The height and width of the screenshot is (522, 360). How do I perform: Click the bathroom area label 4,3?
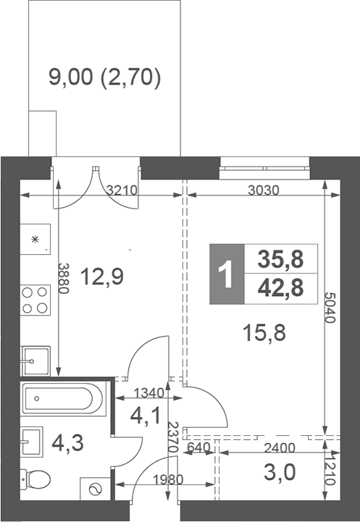pyautogui.click(x=67, y=442)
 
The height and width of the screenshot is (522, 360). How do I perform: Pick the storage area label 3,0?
pyautogui.click(x=279, y=473)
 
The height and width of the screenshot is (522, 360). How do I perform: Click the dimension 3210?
pyautogui.click(x=121, y=191)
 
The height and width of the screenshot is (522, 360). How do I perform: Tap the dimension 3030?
pyautogui.click(x=263, y=191)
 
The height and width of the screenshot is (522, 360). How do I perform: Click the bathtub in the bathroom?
pyautogui.click(x=64, y=399)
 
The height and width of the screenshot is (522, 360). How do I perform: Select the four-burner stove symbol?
pyautogui.click(x=34, y=300)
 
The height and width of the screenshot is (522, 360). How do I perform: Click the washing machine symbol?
pyautogui.click(x=94, y=489)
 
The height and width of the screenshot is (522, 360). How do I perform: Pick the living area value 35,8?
pyautogui.click(x=281, y=258)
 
